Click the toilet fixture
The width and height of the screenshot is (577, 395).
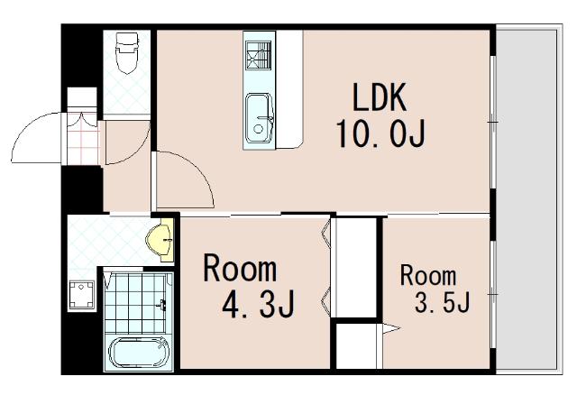pyautogui.click(x=127, y=52)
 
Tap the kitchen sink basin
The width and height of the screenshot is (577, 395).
pyautogui.click(x=260, y=118)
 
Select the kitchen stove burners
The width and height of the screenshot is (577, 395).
pyautogui.click(x=259, y=55)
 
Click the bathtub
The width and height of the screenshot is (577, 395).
pyautogui.click(x=139, y=353)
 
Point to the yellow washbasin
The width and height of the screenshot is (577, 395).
pyautogui.click(x=160, y=240)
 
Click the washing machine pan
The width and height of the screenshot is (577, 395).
pyautogui.click(x=82, y=294)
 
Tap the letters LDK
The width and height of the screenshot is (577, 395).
pyautogui.click(x=380, y=97)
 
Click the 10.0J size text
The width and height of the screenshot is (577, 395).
pyautogui.click(x=381, y=134)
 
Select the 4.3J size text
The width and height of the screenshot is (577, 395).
pyautogui.click(x=258, y=305)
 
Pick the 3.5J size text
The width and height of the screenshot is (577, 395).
pyautogui.click(x=443, y=302)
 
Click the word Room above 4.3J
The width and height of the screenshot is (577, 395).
pyautogui.click(x=240, y=269)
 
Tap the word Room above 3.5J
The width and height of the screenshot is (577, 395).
pyautogui.click(x=428, y=275)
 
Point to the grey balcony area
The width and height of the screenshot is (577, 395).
pyautogui.click(x=527, y=199)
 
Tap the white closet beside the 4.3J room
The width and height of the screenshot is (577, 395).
pyautogui.click(x=353, y=267)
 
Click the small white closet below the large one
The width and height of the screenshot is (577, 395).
pyautogui.click(x=356, y=346)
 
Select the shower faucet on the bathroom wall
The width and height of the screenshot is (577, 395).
pyautogui.click(x=162, y=304)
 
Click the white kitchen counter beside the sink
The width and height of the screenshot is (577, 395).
pyautogui.click(x=289, y=89)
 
